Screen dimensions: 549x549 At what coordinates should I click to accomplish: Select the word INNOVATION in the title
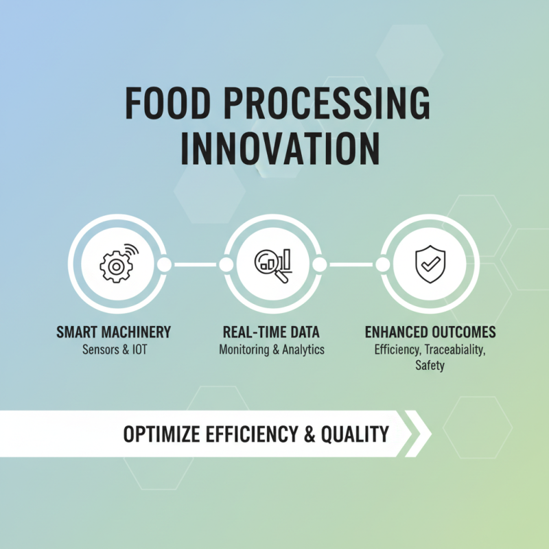tap(279, 148)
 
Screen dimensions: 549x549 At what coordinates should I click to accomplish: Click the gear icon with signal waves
tap(117, 264)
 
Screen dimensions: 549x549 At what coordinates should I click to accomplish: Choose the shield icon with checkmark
tap(430, 265)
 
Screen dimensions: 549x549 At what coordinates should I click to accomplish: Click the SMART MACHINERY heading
tap(113, 333)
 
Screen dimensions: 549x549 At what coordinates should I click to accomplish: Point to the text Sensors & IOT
tap(113, 350)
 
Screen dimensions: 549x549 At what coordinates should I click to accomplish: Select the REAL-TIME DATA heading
tap(272, 333)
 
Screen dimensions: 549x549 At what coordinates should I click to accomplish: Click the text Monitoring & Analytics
tap(272, 350)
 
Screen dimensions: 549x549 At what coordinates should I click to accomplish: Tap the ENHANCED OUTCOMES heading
tap(430, 333)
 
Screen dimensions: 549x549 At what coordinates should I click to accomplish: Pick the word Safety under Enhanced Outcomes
tap(430, 366)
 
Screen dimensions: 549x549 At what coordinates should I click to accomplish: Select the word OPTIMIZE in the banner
tap(161, 434)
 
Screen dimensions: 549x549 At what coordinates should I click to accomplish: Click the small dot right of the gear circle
tap(165, 265)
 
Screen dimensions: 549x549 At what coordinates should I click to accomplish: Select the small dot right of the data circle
tap(320, 265)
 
